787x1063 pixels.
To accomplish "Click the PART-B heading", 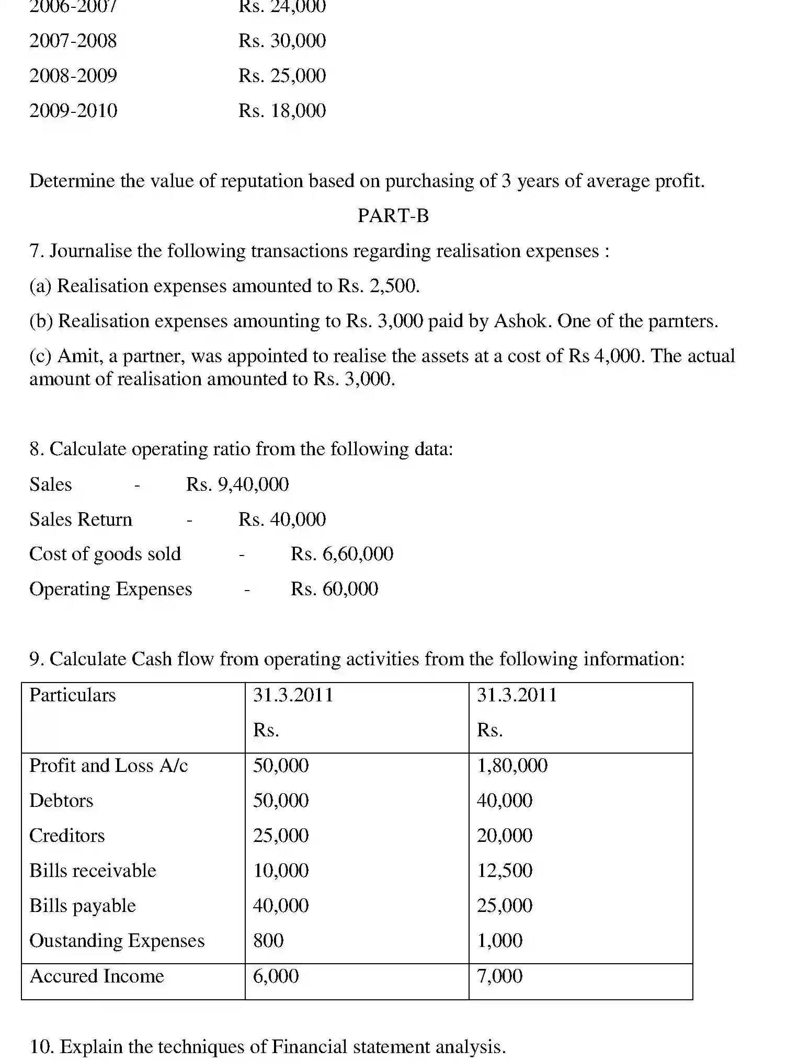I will click(393, 215).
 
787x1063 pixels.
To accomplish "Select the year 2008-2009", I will click(73, 76).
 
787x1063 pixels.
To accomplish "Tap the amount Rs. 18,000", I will click(282, 110).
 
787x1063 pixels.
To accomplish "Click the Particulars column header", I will click(72, 695).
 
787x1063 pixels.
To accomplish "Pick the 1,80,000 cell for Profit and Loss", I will click(512, 766).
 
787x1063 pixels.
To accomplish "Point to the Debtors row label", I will click(61, 801).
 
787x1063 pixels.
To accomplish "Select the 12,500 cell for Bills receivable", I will click(504, 871).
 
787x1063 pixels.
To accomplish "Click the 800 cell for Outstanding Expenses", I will click(268, 941).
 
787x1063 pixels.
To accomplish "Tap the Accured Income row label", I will click(97, 976).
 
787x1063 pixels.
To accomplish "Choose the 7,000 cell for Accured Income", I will click(499, 976).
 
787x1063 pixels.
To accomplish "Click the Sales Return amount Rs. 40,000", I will click(282, 519).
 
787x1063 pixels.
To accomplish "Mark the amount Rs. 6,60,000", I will click(342, 554).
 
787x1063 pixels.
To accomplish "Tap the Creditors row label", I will click(67, 836).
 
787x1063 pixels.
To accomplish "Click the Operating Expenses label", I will click(111, 589).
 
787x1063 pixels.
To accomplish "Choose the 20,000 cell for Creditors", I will click(504, 836).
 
